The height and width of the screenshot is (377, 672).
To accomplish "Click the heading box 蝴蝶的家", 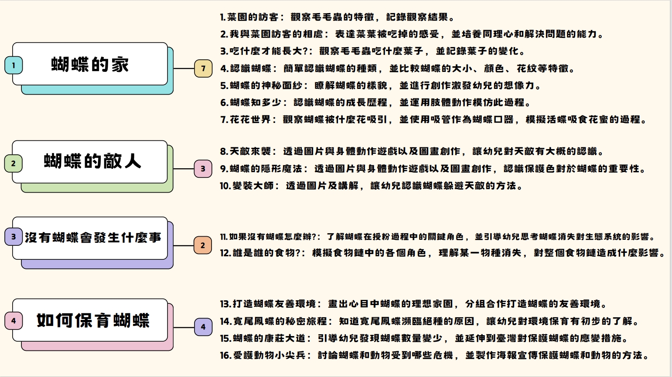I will click(90, 65).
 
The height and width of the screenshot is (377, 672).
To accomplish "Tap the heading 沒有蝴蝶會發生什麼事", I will click(93, 238).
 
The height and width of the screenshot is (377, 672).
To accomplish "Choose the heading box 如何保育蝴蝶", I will click(93, 320).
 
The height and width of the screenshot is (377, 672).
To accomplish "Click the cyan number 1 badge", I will click(14, 65).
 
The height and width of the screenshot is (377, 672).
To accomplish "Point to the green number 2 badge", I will click(14, 163).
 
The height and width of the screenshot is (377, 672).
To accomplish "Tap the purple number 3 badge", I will click(14, 237).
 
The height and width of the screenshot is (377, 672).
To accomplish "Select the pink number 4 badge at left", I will click(14, 321).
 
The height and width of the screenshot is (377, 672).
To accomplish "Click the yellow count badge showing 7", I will click(203, 68).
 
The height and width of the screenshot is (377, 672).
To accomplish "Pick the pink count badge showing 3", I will click(203, 169).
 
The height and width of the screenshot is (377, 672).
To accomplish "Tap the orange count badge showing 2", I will click(203, 245).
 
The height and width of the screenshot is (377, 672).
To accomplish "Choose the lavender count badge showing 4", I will click(203, 327).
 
